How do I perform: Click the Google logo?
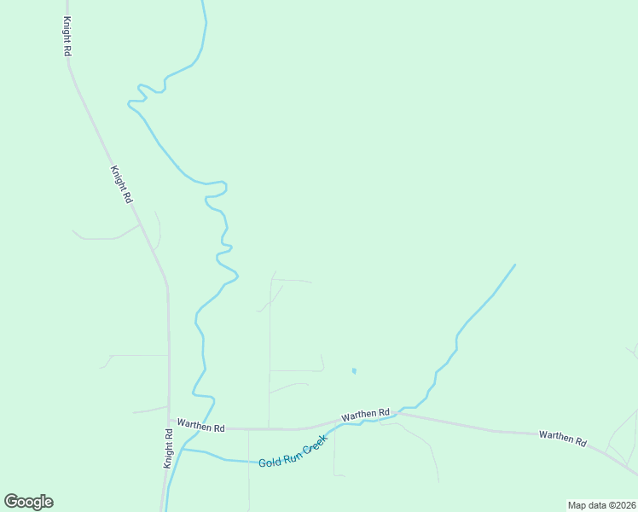pos(28,502)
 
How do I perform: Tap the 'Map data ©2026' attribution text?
pos(601,505)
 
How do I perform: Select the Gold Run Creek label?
pos(293,450)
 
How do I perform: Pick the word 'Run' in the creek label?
pos(290,453)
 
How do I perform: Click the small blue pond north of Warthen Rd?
pos(353,370)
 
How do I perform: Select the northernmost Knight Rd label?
pos(67,36)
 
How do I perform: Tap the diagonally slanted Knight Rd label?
pos(121,183)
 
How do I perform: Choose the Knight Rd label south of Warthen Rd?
pos(169,448)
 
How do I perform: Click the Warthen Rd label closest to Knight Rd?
pos(200,424)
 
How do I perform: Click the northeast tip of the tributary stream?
pos(514,265)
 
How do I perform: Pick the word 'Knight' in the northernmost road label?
pos(67,30)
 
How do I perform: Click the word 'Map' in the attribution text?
pos(577,505)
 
